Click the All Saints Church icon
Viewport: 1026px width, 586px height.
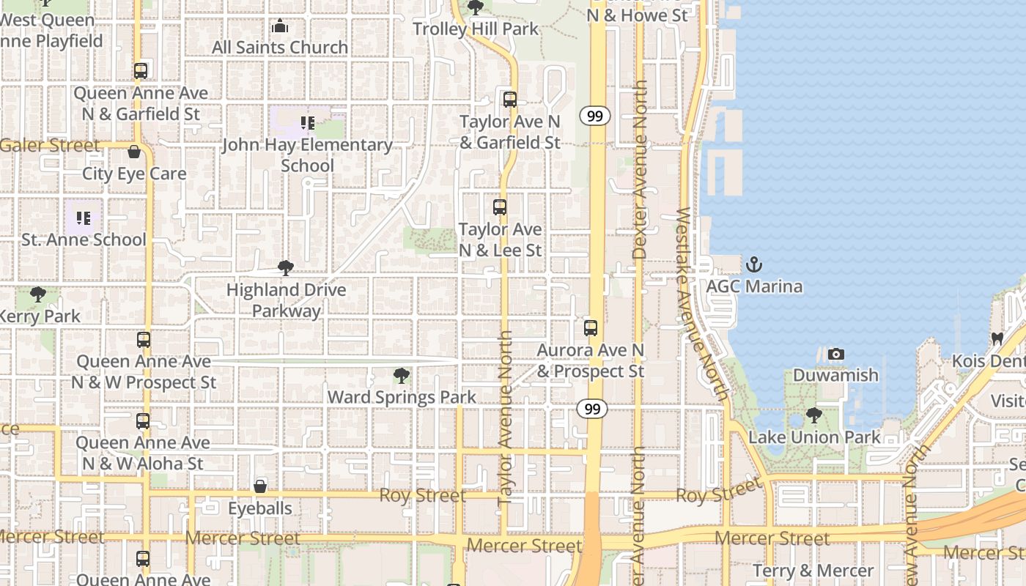pos(280,26)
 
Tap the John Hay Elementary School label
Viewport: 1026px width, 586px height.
pos(307,155)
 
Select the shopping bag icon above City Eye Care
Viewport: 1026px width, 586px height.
pos(134,152)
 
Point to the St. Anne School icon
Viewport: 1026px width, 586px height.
pos(83,218)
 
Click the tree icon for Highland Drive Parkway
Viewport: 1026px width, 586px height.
pos(286,268)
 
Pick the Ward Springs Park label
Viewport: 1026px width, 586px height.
pos(402,397)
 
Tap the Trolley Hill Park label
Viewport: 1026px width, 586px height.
pos(476,29)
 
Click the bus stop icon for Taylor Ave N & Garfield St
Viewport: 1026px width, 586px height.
pos(510,99)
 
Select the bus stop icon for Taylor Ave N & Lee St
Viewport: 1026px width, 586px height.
pos(500,207)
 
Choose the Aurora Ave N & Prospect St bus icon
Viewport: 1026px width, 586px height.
pos(591,328)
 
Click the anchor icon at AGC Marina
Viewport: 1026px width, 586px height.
pos(754,264)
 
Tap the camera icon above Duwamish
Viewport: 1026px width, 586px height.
pos(835,355)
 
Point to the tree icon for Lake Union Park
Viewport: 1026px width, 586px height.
pos(813,415)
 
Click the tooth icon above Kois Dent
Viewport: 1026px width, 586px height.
pos(997,338)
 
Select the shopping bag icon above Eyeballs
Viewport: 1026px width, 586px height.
pos(260,486)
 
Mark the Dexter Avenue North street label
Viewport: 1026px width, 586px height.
pos(640,169)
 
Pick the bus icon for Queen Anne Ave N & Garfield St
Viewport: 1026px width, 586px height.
pos(141,71)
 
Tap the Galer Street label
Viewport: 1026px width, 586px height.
pos(50,145)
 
